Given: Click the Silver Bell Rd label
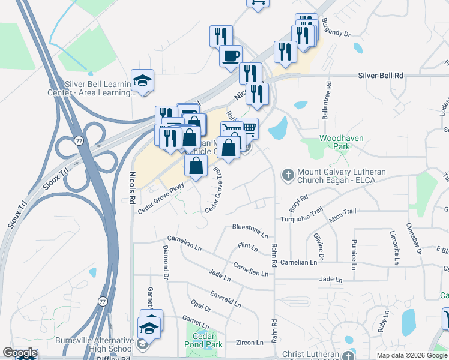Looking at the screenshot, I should pyautogui.click(x=381, y=76).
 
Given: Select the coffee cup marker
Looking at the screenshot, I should pyautogui.click(x=231, y=56).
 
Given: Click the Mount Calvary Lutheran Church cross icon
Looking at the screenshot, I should pyautogui.click(x=288, y=175).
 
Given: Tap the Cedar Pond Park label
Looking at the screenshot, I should pyautogui.click(x=203, y=340).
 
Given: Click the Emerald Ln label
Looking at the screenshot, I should pyautogui.click(x=226, y=298).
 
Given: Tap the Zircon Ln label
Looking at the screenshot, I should pyautogui.click(x=250, y=343).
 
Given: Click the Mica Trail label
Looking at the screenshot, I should pyautogui.click(x=343, y=211).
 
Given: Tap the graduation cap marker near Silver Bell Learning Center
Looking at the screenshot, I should pyautogui.click(x=142, y=81).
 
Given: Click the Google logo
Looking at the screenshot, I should pyautogui.click(x=20, y=353).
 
